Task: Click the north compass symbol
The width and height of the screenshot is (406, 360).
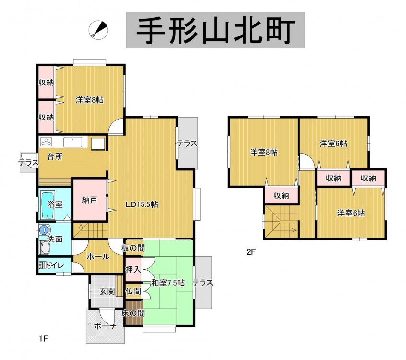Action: tap(98, 30)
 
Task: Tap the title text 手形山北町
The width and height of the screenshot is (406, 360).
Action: tap(215, 30)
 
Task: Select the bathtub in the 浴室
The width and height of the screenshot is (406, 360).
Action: tap(48, 204)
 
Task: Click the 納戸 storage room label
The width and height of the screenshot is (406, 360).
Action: tap(89, 200)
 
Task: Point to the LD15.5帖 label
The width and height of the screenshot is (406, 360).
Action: tap(142, 204)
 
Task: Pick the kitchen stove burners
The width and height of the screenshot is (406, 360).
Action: tap(46, 142)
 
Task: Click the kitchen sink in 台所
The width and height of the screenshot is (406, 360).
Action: tap(73, 142)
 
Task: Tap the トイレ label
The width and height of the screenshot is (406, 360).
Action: tap(54, 265)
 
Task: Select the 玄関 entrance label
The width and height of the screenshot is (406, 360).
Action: tap(107, 291)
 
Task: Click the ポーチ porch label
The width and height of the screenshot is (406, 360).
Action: tap(105, 326)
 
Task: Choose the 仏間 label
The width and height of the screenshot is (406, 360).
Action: tap(133, 291)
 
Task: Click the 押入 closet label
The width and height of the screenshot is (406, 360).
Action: tap(133, 270)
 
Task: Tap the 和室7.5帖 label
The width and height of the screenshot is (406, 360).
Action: tap(168, 283)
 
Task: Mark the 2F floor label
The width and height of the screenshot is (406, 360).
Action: tap(251, 252)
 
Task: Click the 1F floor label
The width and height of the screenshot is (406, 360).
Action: tap(44, 338)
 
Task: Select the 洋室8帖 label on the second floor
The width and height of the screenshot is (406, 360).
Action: tap(264, 152)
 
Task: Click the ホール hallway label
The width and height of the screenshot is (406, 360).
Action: tap(98, 257)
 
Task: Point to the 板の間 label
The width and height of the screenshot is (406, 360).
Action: tap(133, 248)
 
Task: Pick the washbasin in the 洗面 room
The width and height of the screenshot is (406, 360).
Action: tap(44, 248)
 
